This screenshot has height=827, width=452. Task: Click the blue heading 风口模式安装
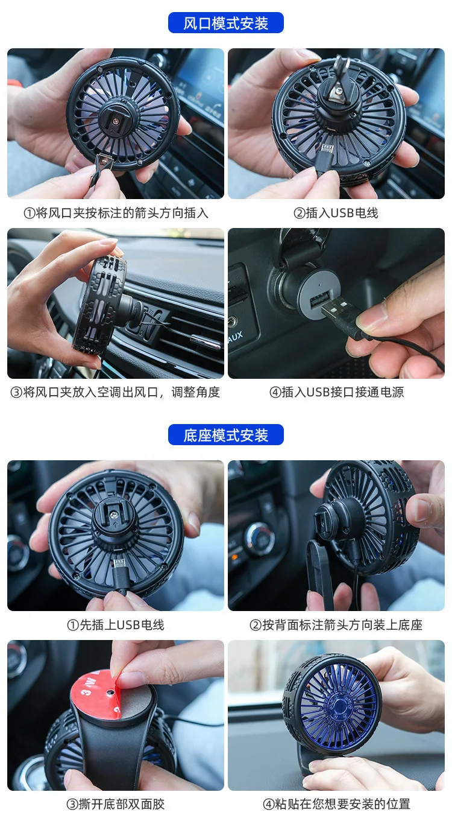pos(226,24)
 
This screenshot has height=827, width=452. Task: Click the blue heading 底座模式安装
pos(226,435)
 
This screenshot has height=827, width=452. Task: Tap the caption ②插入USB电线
pos(336,213)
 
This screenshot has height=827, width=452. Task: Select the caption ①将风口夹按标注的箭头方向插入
pos(116,213)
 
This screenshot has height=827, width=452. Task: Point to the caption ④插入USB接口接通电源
pos(336,392)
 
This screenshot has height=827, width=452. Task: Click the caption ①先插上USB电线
pos(116,625)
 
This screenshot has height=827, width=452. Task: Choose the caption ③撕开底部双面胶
pos(116,803)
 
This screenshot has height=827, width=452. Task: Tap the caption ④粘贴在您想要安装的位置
pos(336,803)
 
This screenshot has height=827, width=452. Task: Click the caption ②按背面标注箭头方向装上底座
pos(336,625)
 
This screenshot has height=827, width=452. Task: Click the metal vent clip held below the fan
pos(101,170)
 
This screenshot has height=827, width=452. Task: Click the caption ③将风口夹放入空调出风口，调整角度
pos(116,392)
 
